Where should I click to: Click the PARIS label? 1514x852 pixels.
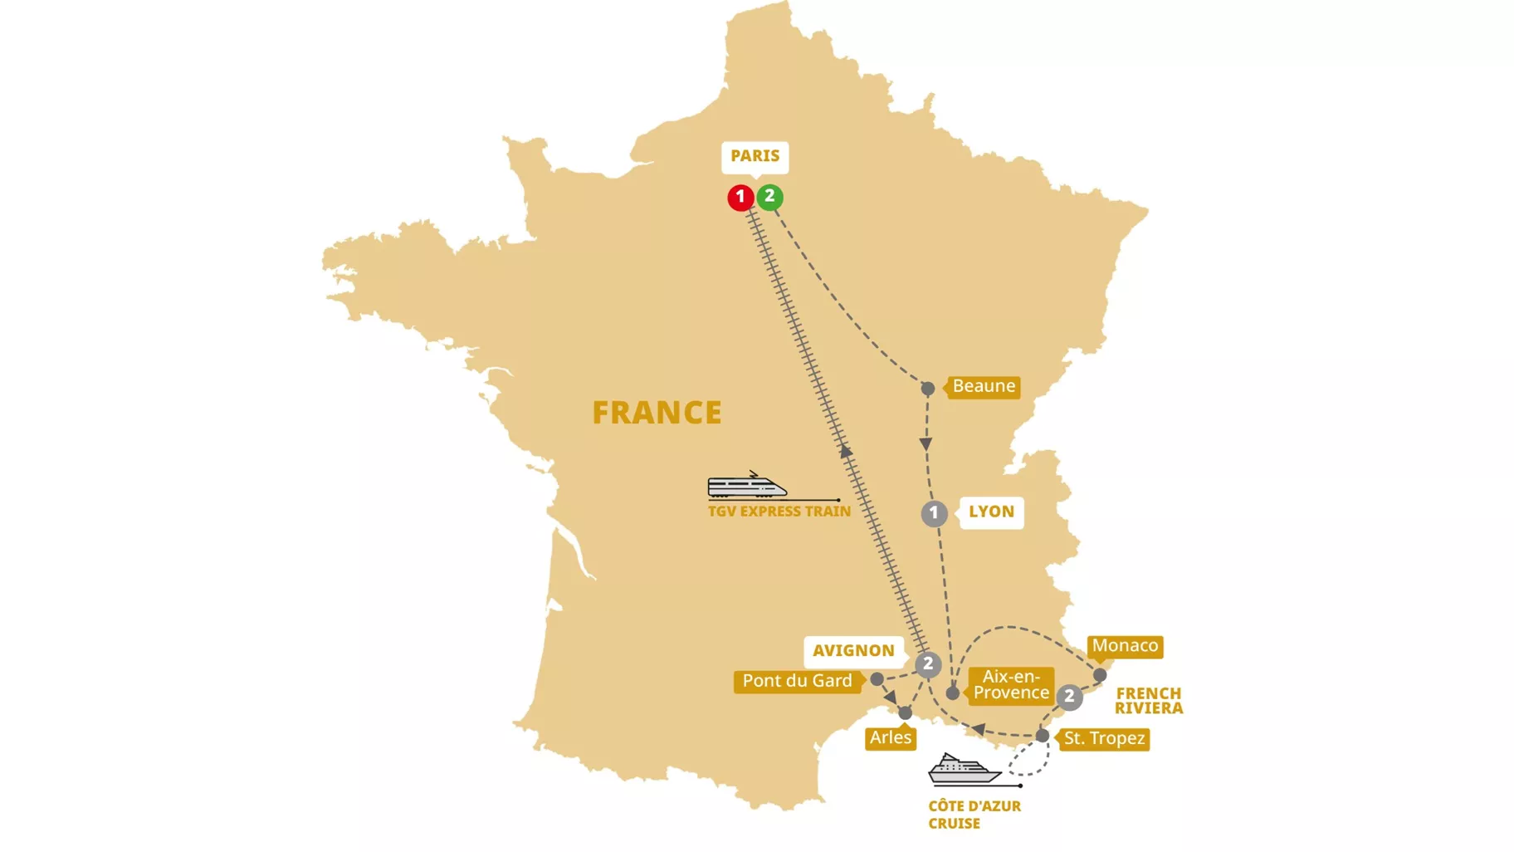[x=755, y=156]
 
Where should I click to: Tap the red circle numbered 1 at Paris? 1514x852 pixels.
[x=740, y=198]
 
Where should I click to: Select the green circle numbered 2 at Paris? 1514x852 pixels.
[x=769, y=197]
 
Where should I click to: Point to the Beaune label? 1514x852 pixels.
[x=984, y=386]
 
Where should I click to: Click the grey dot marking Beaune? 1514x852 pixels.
[x=928, y=388]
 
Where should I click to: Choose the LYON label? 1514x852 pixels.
[x=991, y=512]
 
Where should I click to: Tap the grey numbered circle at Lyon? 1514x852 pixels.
[x=934, y=513]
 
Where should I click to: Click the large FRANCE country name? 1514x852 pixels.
[x=657, y=413]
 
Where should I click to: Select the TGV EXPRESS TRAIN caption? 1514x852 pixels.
[x=779, y=512]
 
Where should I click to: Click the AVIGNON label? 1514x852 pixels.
[x=853, y=650]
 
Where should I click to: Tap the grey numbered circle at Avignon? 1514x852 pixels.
[x=928, y=663]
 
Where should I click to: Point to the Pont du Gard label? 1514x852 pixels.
[x=797, y=681]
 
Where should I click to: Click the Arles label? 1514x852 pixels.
[x=891, y=737]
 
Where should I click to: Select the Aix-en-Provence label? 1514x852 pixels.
[x=1011, y=685]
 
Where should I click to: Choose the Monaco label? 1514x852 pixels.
[x=1125, y=646]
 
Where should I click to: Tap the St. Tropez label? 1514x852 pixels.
[x=1104, y=738]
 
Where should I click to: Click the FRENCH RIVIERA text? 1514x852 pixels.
[x=1148, y=701]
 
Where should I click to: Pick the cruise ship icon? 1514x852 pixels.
[x=963, y=770]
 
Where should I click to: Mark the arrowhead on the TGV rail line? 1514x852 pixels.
[x=845, y=452]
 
